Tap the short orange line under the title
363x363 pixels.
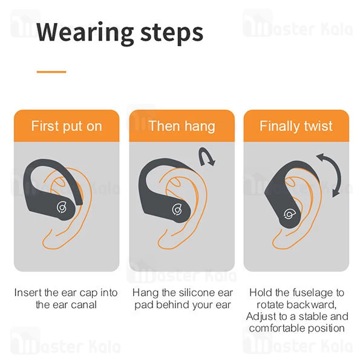coord(51,72)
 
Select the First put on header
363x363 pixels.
coord(67,126)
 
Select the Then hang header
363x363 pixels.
coord(181,126)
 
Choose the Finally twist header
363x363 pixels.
coord(296,126)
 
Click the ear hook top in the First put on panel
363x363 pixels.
coord(48,165)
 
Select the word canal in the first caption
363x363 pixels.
coord(83,304)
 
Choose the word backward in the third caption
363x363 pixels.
coord(310,304)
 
